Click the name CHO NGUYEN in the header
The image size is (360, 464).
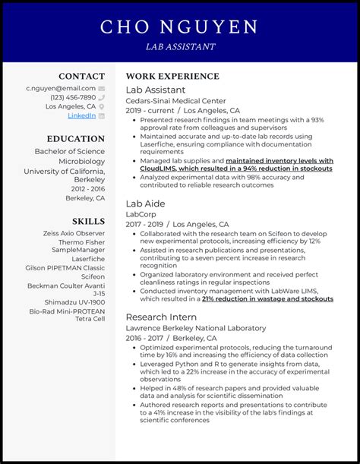point(179,28)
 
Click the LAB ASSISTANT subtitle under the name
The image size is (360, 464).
point(179,46)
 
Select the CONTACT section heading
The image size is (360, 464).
point(82,76)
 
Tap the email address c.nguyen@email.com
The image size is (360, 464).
point(61,88)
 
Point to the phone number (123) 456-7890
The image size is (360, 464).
point(73,97)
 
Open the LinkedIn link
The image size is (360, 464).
point(81,115)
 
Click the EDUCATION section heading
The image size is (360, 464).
point(75,139)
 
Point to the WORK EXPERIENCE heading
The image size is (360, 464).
point(172,76)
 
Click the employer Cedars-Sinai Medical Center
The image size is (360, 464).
point(175,100)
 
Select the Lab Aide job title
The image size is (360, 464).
point(145,204)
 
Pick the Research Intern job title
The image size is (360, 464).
point(161,317)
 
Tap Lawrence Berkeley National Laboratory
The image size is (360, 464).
point(196,328)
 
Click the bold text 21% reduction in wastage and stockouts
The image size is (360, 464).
point(267,298)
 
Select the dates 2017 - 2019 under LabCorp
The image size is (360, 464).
point(144,225)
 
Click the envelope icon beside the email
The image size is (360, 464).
point(101,88)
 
